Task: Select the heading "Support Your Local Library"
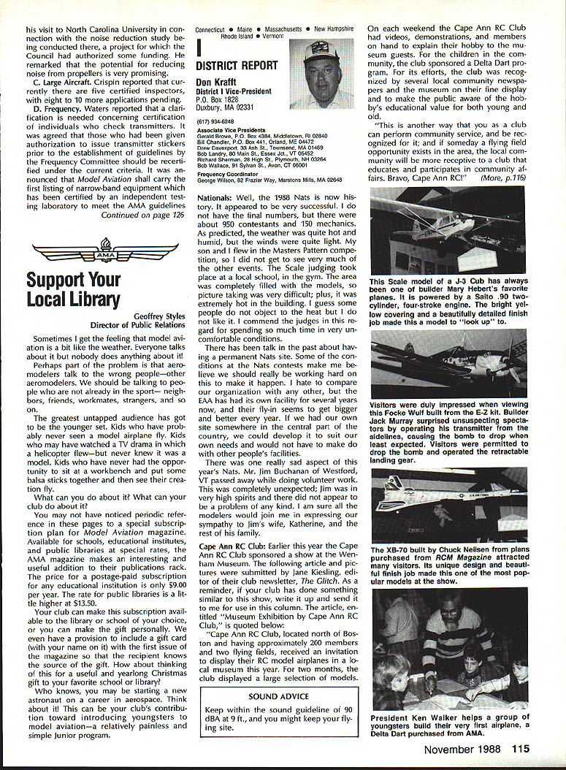tap(73, 289)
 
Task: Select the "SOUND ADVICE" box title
tap(278, 697)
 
